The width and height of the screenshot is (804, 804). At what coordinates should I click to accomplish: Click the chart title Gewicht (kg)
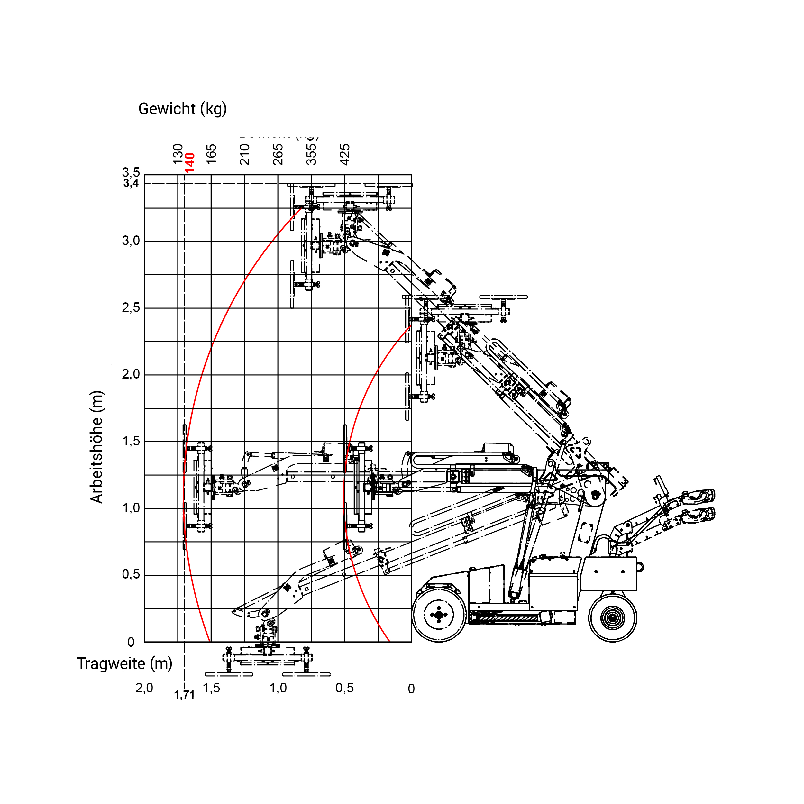[x=182, y=109]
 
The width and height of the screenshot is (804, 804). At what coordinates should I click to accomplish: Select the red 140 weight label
[x=190, y=163]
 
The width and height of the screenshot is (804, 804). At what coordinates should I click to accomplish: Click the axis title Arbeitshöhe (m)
[x=96, y=447]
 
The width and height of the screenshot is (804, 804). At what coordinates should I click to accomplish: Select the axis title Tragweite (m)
[x=124, y=663]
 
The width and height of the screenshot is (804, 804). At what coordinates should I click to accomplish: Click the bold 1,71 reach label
[x=184, y=695]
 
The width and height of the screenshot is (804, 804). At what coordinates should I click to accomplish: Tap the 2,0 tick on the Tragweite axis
[x=144, y=688]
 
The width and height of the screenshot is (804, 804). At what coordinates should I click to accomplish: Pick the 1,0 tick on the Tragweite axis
[x=278, y=688]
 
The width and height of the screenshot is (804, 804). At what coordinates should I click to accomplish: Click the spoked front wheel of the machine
[x=439, y=615]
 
